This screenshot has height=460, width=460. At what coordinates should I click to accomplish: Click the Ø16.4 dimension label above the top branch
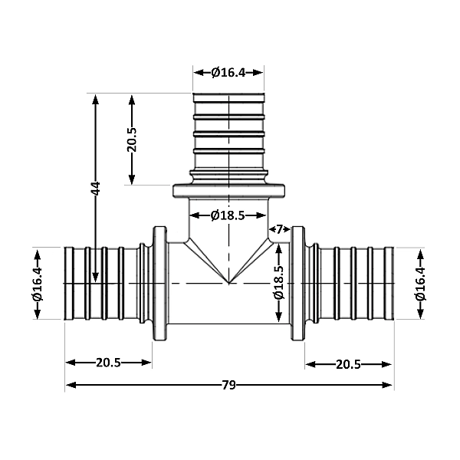click(x=228, y=73)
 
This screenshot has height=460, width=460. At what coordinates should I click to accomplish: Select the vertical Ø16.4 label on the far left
click(x=38, y=284)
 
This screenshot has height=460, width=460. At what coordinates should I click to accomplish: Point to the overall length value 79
click(x=228, y=385)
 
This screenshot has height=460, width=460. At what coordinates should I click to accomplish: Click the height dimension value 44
click(x=96, y=189)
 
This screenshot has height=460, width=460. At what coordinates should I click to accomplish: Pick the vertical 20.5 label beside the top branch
click(x=132, y=140)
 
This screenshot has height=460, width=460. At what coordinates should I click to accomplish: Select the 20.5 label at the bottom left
click(x=108, y=363)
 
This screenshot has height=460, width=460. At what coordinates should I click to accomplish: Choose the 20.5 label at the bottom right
click(x=349, y=363)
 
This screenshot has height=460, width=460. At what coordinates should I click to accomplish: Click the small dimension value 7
click(x=279, y=228)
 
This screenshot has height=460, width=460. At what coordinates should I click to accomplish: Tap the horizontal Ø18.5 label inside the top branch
click(x=228, y=215)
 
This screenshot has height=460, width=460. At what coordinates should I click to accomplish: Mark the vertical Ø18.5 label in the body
click(x=279, y=284)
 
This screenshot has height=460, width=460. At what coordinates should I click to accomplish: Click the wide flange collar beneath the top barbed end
click(x=228, y=191)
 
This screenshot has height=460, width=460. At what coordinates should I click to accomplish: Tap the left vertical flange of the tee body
click(x=159, y=284)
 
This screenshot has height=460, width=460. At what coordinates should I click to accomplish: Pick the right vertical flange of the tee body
click(x=297, y=284)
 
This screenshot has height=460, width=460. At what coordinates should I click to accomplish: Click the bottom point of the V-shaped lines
click(x=228, y=282)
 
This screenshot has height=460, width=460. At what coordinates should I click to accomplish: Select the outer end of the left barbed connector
click(x=67, y=284)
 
